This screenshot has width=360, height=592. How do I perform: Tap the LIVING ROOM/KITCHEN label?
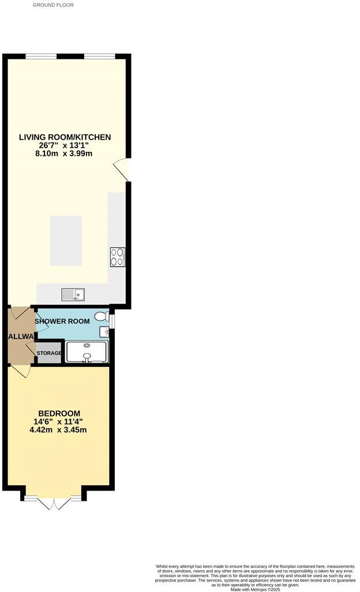pos(65,137)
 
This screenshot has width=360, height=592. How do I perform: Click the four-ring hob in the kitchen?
pos(118,257)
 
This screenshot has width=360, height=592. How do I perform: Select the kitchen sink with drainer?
pos(73,295)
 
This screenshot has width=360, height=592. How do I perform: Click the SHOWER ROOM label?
pos(62,321)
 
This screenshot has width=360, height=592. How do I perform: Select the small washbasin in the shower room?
pos(104,332)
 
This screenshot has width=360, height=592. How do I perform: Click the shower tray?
pos(87,351)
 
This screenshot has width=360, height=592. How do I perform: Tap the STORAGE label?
pos(50,353)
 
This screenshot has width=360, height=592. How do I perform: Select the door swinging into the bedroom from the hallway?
pos(21,372)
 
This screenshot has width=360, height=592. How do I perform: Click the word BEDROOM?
pos(59,413)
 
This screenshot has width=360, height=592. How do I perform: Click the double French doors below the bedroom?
pos(52,504)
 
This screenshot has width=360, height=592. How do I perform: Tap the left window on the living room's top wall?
pos(41,56)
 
